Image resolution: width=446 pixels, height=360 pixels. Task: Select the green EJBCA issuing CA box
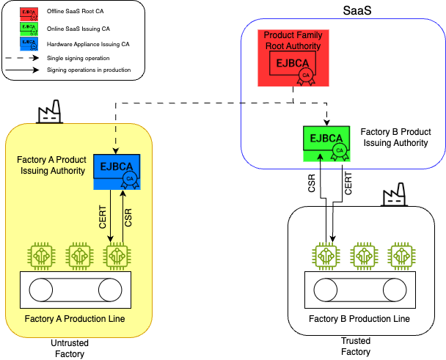tap(326, 142)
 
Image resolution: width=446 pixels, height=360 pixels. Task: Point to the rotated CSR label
tap(129, 217)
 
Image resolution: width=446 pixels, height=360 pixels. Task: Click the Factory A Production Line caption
tap(74, 319)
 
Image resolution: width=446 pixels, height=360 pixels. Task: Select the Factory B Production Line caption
tap(359, 319)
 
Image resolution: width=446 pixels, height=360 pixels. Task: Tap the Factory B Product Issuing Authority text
tap(395, 137)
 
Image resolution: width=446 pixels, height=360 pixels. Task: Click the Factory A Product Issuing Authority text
tap(51, 165)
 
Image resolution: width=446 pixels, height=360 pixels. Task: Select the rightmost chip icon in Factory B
tap(400, 256)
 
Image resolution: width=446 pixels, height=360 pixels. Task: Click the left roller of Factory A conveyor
tap(41, 290)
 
